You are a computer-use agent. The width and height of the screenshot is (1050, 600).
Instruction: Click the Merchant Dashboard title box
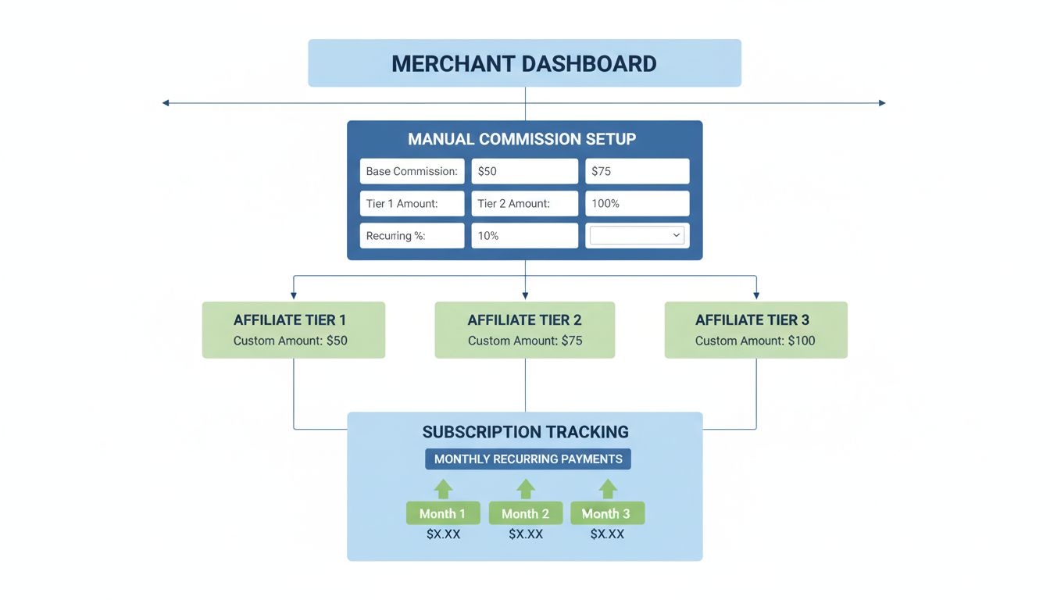(x=524, y=63)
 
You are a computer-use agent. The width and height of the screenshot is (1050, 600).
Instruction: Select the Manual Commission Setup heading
(x=522, y=139)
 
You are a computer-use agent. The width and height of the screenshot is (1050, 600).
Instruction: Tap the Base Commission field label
(x=412, y=171)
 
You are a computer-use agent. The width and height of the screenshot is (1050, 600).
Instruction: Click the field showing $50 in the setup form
(x=524, y=171)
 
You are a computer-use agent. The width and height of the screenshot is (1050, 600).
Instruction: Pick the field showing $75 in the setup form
(x=637, y=171)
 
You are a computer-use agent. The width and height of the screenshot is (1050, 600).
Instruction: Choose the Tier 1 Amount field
(x=412, y=203)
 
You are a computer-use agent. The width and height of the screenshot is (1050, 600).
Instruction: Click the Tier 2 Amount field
(x=524, y=203)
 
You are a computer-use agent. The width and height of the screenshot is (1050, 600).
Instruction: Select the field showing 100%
(x=637, y=203)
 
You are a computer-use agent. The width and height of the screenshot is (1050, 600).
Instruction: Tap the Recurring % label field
(x=412, y=235)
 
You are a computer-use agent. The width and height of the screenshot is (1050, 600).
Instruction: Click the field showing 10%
(x=524, y=235)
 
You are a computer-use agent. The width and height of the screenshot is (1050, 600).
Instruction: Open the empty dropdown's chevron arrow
(x=677, y=235)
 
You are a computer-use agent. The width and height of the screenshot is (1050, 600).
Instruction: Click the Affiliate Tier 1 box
(x=293, y=330)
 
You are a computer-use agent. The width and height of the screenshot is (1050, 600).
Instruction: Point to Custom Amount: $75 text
(x=525, y=341)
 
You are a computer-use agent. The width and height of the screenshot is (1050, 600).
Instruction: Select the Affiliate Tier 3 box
(x=755, y=330)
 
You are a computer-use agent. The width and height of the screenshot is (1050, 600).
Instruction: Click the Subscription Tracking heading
(x=525, y=432)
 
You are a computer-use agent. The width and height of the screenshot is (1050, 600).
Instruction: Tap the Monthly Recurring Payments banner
(x=528, y=459)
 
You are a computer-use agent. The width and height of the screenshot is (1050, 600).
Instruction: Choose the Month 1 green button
(x=442, y=513)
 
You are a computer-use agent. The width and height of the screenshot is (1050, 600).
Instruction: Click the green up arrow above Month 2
(x=526, y=489)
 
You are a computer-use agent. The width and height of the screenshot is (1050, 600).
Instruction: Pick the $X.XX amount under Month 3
(x=607, y=534)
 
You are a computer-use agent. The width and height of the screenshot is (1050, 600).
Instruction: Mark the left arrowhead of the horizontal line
(x=166, y=103)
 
